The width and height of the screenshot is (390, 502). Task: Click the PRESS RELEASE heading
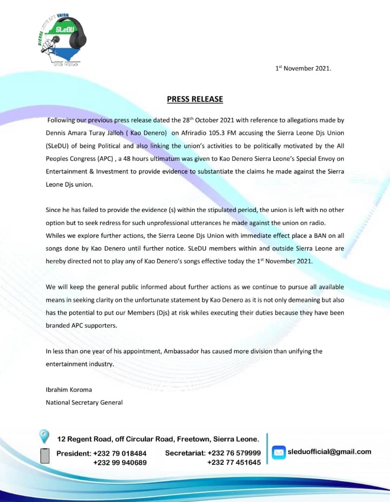coord(195,99)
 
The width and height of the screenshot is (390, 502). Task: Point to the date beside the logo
coord(303,68)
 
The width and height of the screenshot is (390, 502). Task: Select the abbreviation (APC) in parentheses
coord(98,159)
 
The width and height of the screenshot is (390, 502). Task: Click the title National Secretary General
coord(84,402)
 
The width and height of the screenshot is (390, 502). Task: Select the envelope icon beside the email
coord(278,452)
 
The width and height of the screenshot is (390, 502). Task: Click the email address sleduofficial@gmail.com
coord(330,451)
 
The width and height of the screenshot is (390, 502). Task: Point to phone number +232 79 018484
coord(120,453)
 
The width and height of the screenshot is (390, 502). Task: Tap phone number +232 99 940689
coord(120,462)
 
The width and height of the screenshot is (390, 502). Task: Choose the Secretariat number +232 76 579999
coord(234,453)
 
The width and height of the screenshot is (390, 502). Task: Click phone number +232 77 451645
coord(234,462)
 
